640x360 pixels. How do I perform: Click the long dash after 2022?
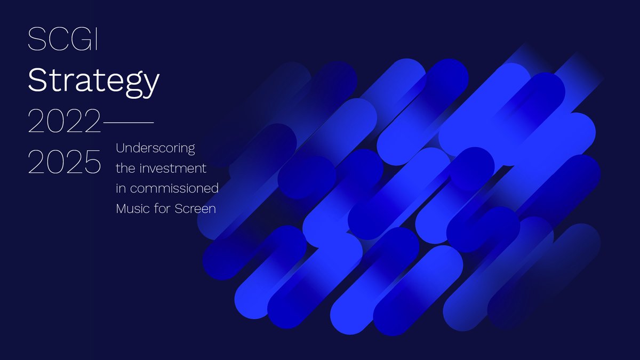click(128, 123)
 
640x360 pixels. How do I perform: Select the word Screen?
click(195, 209)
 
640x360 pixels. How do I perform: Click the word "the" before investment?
click(125, 168)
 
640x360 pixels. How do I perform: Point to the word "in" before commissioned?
click(121, 188)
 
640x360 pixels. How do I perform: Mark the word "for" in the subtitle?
click(163, 209)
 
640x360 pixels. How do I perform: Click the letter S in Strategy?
click(37, 80)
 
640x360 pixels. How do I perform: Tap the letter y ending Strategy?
click(151, 85)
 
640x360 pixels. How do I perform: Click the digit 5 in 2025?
click(92, 163)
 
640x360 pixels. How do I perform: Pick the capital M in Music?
click(122, 209)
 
